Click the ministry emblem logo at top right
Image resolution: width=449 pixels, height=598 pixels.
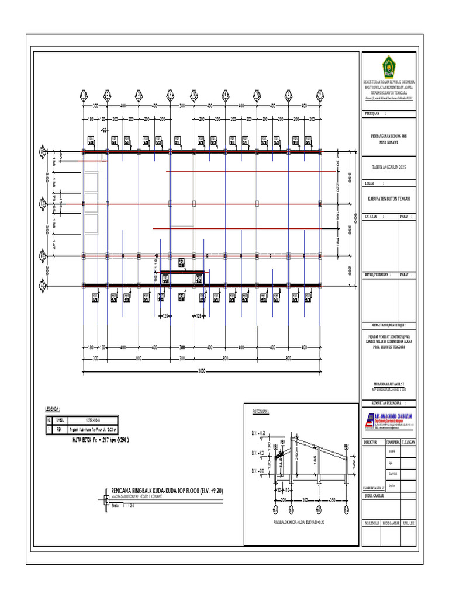pos(389,64)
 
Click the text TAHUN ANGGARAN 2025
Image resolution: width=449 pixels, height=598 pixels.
pos(389,168)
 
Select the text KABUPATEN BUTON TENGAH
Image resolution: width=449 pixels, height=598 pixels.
pos(389,199)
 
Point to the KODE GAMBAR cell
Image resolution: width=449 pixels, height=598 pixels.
pos(389,524)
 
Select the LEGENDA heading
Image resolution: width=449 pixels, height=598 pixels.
pos(53,409)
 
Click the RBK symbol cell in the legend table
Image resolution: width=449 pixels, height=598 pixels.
pos(59,429)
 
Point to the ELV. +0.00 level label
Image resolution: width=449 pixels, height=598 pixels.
pos(258,470)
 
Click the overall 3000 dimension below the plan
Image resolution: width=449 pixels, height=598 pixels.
pos(202,371)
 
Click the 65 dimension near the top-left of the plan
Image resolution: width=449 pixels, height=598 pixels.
pos(105,131)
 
